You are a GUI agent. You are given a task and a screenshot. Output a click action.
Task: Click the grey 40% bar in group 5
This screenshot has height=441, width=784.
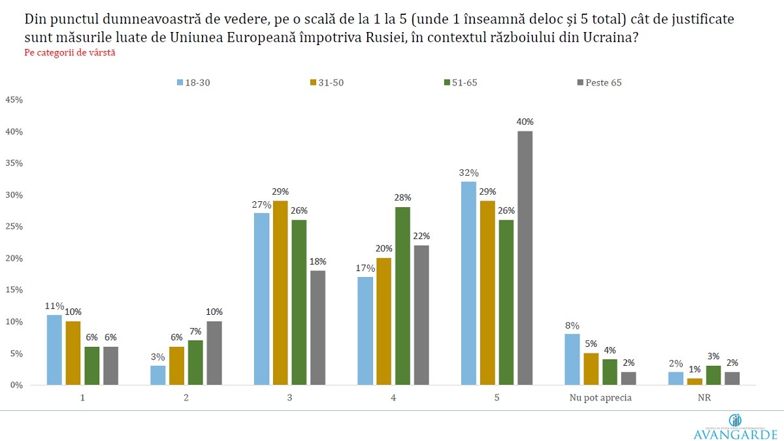coord(525,258)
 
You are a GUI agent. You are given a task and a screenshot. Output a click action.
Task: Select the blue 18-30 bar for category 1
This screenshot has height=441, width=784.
coord(54,350)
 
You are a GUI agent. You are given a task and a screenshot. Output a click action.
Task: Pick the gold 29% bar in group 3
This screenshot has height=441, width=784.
coord(281,293)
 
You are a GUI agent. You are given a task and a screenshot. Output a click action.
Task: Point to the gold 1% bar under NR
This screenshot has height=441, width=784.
coord(695,382)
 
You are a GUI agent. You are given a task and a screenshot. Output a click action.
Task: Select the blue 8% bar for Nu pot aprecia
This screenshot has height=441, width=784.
coord(572,359)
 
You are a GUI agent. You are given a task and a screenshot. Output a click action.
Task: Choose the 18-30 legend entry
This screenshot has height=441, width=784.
coord(195,82)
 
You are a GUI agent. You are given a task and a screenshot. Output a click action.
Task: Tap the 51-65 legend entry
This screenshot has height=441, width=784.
coord(463,82)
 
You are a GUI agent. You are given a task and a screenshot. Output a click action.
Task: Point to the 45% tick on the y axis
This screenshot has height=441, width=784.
coord(14,100)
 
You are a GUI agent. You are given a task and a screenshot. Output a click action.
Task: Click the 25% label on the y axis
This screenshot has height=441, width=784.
coord(14,227)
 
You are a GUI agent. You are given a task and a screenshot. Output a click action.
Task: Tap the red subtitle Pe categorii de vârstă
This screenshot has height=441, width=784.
coord(60,52)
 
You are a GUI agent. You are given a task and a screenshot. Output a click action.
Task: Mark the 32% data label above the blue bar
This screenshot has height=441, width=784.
coord(469,173)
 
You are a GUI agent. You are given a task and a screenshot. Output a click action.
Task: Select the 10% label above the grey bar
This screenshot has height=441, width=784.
coord(214,312)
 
